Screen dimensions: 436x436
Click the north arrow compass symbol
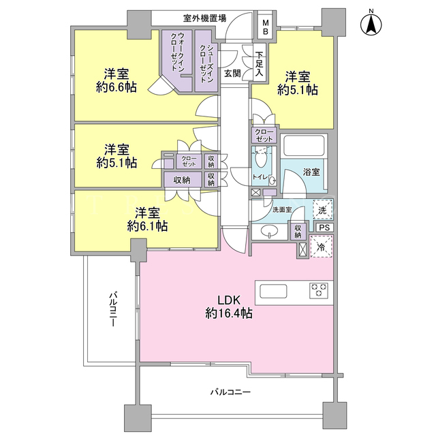[x=371, y=23]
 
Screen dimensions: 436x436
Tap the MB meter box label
[x=266, y=27]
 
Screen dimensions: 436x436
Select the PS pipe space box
[x=324, y=228]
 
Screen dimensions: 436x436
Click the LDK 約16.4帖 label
[x=229, y=307]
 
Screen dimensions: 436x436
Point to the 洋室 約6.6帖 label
[x=116, y=81]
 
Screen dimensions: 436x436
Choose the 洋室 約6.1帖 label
[x=147, y=219]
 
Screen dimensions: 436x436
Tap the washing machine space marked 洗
[x=322, y=210]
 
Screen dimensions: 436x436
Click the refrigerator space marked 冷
[x=322, y=247]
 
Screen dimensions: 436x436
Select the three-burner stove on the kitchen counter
[x=319, y=291]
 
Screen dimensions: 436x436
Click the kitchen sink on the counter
[x=273, y=291]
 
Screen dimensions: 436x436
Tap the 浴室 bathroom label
[x=311, y=172]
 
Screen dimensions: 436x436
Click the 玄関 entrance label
[x=232, y=74]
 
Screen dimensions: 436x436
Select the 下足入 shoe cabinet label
[x=259, y=64]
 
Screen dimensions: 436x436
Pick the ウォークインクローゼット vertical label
[x=177, y=52]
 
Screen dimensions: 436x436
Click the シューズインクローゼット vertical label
[x=206, y=64]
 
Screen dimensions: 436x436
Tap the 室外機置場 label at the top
[x=204, y=18]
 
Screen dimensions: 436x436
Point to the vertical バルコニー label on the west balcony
[x=113, y=309]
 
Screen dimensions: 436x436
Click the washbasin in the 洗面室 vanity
[x=270, y=232]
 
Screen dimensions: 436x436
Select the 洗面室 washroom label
[x=281, y=210]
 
